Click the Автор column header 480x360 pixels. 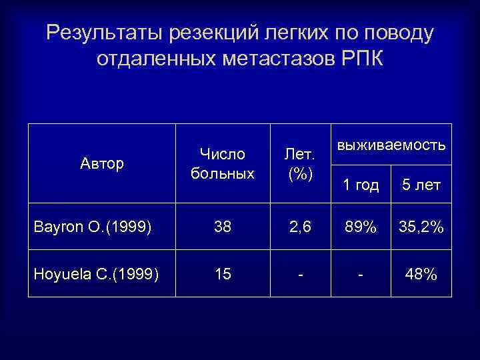tap(102, 163)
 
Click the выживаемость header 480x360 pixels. tap(391, 145)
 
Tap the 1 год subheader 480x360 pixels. tap(361, 185)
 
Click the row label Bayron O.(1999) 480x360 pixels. tap(93, 227)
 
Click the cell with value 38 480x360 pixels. tap(223, 227)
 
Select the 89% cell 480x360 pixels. tap(361, 227)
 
